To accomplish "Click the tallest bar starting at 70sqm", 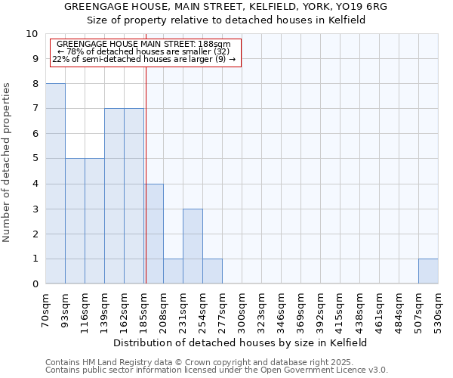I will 55,184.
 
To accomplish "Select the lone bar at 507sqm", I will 428,271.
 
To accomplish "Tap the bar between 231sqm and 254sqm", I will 193,246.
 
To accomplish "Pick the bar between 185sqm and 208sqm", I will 153,234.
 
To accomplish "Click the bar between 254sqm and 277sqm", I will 212,271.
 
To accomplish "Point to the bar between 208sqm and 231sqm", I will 173,271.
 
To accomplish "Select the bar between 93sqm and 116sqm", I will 75,221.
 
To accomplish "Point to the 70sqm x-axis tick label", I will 45,310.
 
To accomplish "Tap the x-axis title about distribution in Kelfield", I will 241,342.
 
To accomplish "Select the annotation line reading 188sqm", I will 143,45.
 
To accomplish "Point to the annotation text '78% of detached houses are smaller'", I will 143,51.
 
